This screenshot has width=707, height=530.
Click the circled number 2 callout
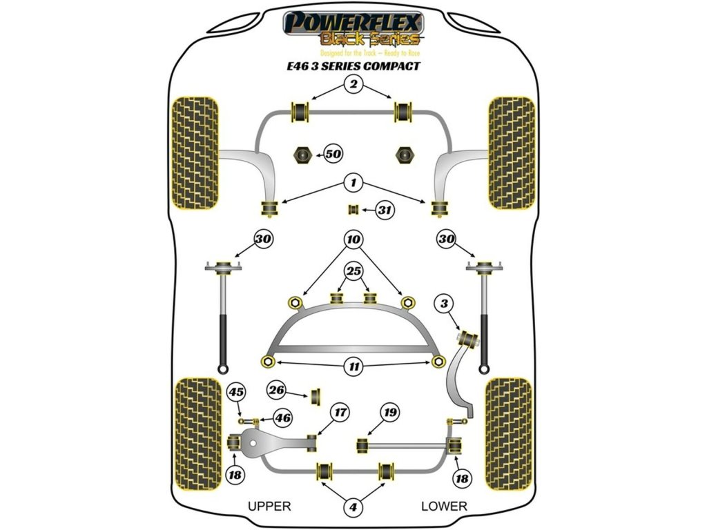pos(353,85)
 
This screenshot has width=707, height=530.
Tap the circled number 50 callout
pos(333,155)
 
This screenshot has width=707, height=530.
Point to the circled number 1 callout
pos(353,183)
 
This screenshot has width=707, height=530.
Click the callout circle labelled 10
pos(353,240)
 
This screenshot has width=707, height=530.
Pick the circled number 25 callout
pos(353,271)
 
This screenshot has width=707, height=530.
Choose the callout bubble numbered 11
pos(353,366)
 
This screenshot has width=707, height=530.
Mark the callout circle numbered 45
pos(237,393)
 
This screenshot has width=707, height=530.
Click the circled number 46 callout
pos(282,417)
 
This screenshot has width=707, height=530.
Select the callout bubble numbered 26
pos(277,391)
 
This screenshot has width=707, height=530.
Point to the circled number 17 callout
pos(339,413)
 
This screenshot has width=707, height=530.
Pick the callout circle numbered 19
pos(390,413)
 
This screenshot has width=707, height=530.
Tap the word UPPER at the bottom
pos(269,506)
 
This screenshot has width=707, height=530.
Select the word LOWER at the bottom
pos(444,506)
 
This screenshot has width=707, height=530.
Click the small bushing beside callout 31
pos(353,210)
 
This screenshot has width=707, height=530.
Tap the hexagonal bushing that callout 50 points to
pos(301,155)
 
